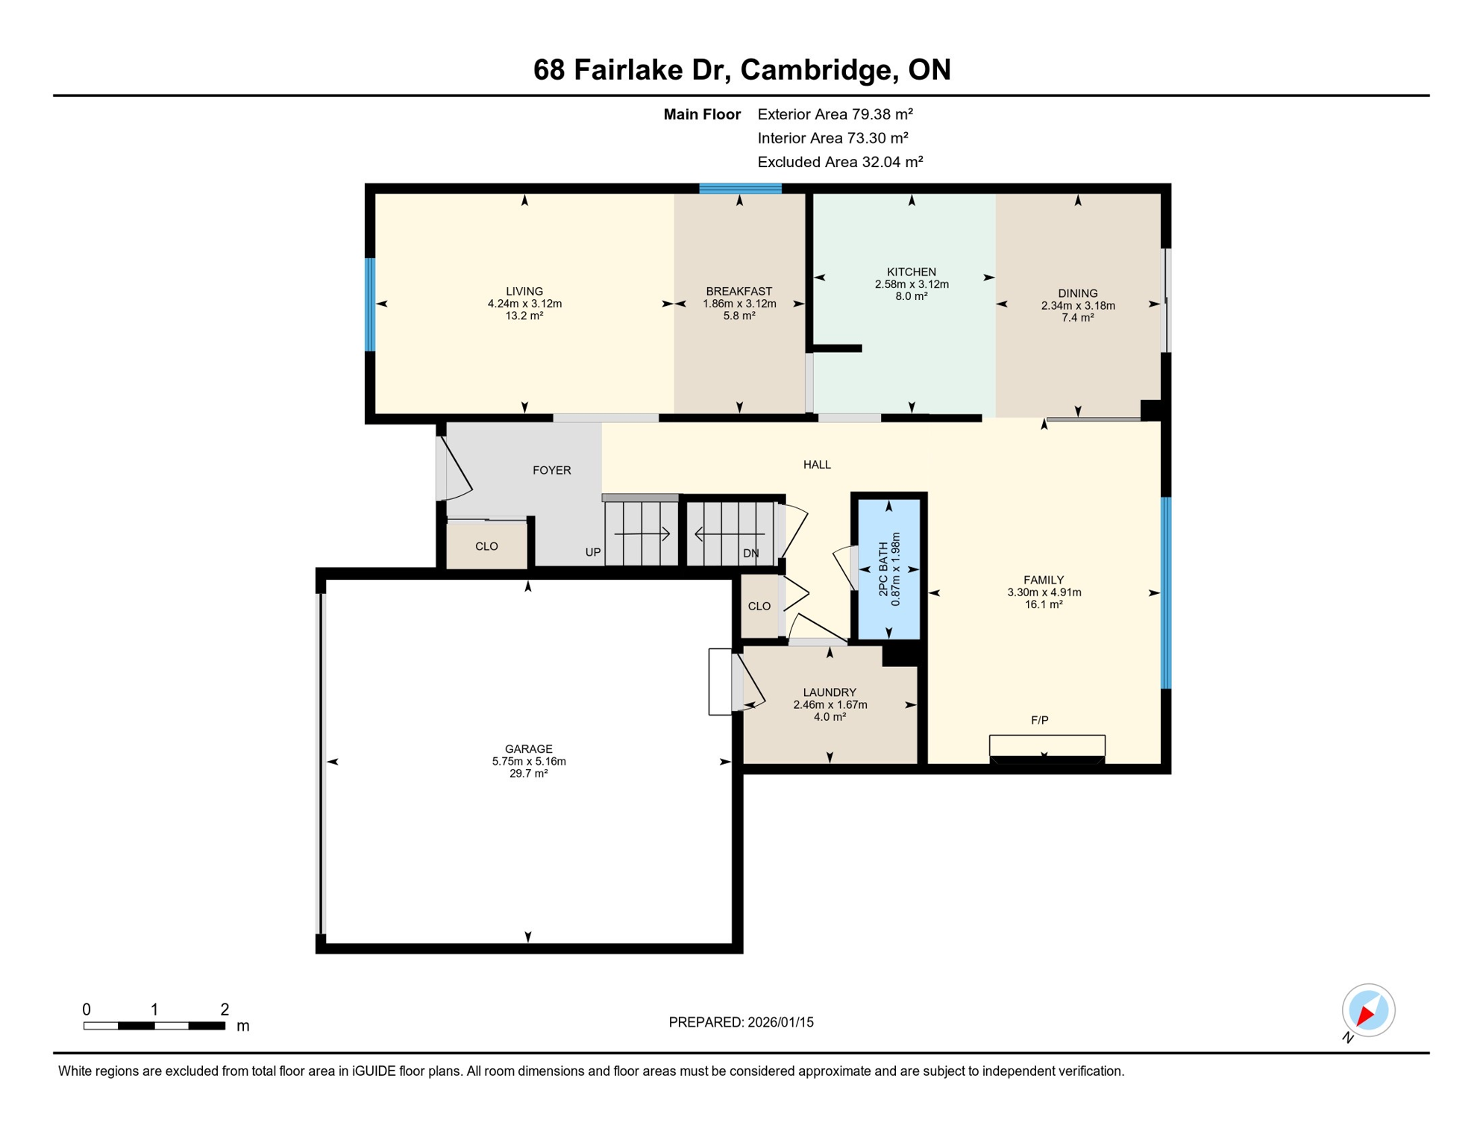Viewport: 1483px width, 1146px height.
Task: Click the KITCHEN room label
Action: point(911,272)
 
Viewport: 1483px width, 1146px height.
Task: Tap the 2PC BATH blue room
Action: point(888,569)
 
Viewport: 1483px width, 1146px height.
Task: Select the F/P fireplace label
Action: point(1039,720)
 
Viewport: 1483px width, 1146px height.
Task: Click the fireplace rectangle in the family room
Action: point(1047,746)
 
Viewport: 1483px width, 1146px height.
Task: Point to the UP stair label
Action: point(593,553)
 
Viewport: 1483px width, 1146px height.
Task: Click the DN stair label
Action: point(750,554)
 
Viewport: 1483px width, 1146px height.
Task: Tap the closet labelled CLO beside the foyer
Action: point(486,547)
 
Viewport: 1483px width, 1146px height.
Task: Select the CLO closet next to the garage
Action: point(759,607)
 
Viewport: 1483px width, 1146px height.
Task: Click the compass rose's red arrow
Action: point(1366,1014)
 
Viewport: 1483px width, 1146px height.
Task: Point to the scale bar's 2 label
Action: point(225,1009)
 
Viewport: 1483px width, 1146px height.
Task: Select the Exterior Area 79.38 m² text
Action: point(835,114)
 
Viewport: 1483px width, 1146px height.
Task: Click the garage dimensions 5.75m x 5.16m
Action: point(528,762)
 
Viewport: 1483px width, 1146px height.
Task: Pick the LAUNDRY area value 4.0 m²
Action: point(830,717)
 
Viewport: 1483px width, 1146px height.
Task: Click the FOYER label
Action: point(551,470)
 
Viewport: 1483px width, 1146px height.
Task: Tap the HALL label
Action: point(817,465)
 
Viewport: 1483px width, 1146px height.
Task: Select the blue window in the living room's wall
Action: point(369,304)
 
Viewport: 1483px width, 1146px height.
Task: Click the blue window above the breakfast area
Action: point(740,189)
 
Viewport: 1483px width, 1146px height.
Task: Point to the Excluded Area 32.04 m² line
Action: point(840,162)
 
